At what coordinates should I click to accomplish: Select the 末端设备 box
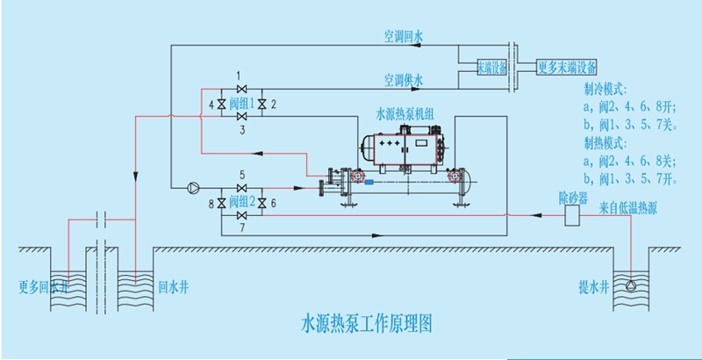(491, 67)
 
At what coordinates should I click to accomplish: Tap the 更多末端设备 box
(567, 67)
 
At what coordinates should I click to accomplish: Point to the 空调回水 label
(403, 37)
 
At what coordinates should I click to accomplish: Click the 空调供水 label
(403, 81)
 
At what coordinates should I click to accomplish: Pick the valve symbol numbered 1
(242, 88)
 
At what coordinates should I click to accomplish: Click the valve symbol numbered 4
(222, 104)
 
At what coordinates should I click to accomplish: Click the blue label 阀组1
(242, 104)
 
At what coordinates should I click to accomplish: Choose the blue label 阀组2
(242, 203)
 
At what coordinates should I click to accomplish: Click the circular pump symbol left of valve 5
(192, 187)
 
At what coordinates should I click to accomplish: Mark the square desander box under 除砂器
(576, 215)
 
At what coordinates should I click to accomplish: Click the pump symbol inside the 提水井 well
(631, 284)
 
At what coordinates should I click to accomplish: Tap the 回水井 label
(168, 286)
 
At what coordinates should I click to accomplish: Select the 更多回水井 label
(41, 286)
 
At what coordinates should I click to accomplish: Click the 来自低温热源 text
(634, 207)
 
